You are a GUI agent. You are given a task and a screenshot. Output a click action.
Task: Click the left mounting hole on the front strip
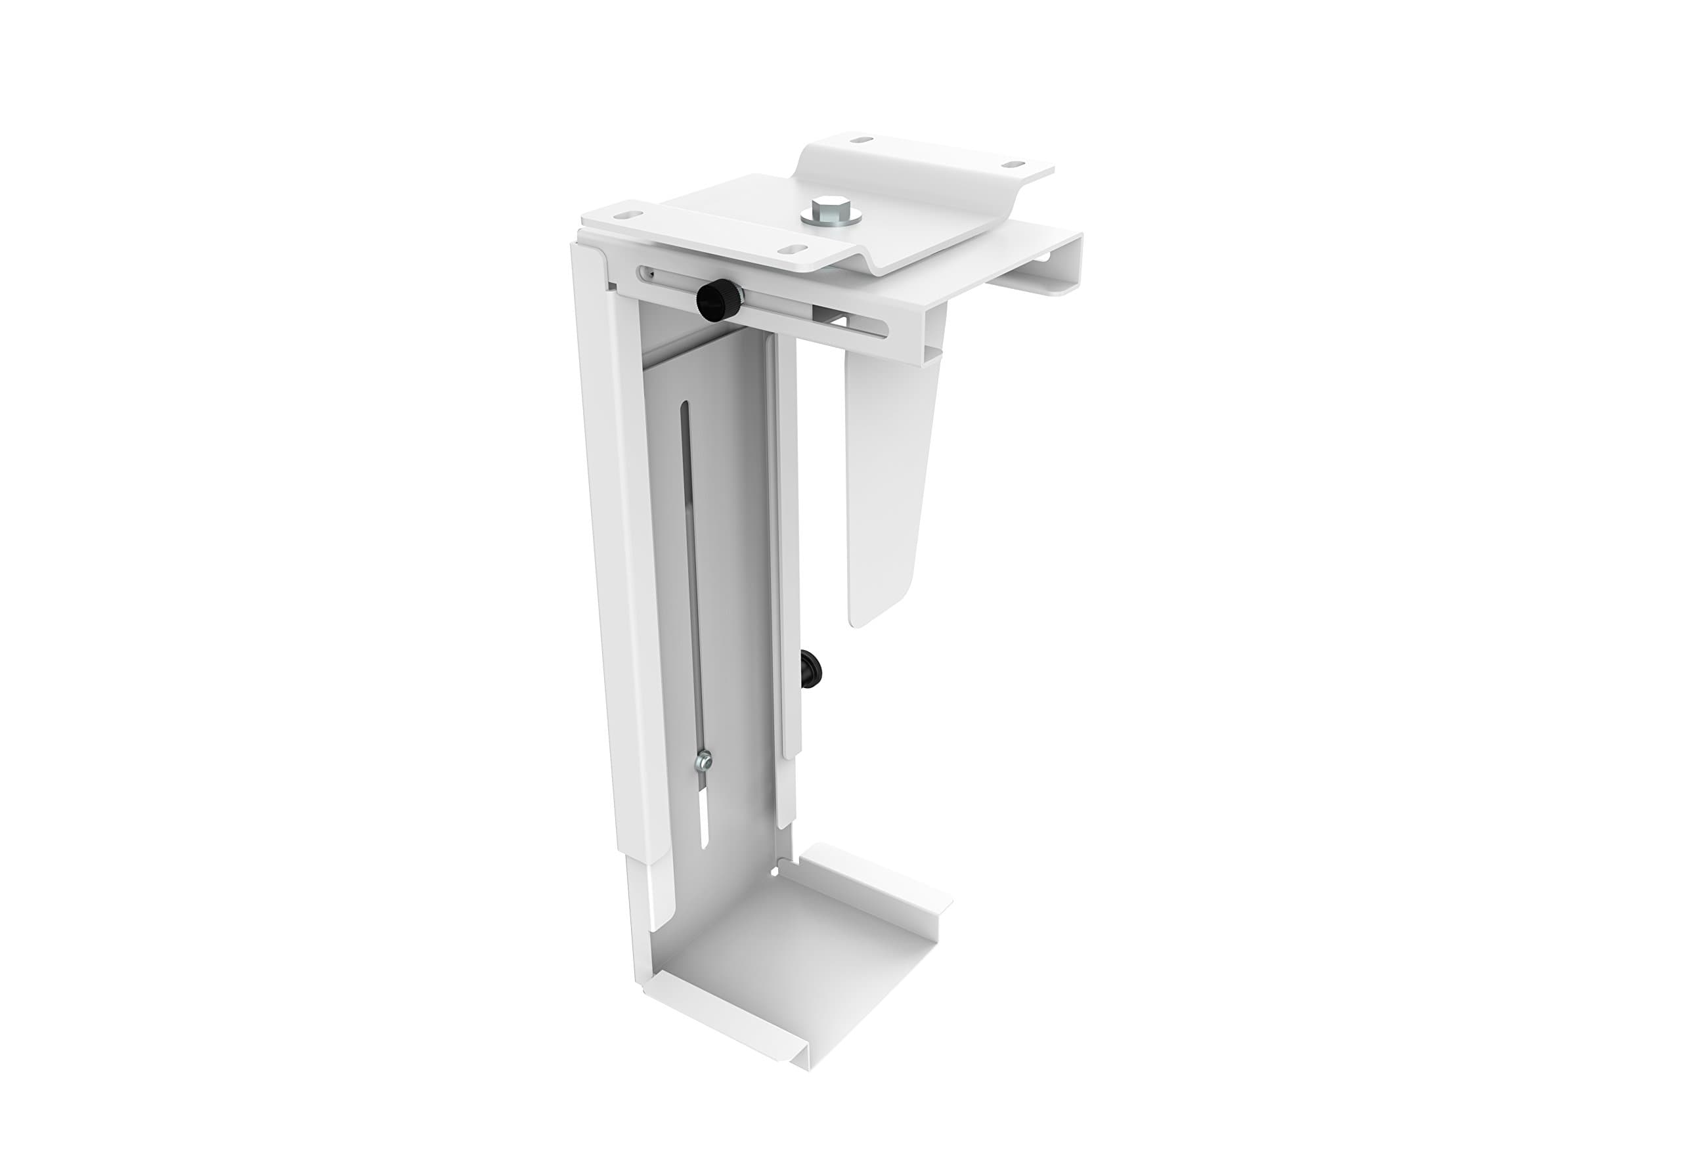[x=624, y=215]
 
